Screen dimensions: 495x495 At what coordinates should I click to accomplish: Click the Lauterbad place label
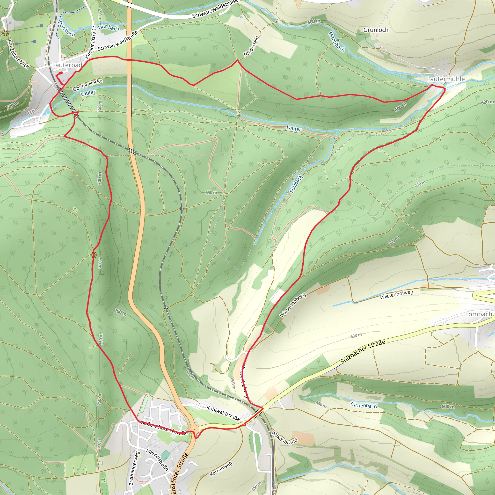67,65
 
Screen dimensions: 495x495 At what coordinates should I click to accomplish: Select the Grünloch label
376,30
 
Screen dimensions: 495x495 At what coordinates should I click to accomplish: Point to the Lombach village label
478,314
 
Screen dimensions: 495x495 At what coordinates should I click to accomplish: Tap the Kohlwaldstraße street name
223,413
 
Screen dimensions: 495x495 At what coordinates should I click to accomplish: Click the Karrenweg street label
221,469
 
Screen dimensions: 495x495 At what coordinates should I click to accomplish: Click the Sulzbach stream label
296,184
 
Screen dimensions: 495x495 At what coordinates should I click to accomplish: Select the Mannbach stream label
336,42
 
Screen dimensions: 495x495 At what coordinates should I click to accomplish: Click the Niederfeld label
251,46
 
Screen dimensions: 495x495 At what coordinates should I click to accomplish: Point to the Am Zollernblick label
18,54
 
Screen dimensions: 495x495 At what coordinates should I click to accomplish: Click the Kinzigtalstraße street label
91,42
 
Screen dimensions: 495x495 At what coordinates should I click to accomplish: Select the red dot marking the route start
61,73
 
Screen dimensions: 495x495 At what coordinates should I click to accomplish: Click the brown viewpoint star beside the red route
94,255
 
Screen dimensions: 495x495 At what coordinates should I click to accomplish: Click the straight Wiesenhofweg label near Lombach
396,295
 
